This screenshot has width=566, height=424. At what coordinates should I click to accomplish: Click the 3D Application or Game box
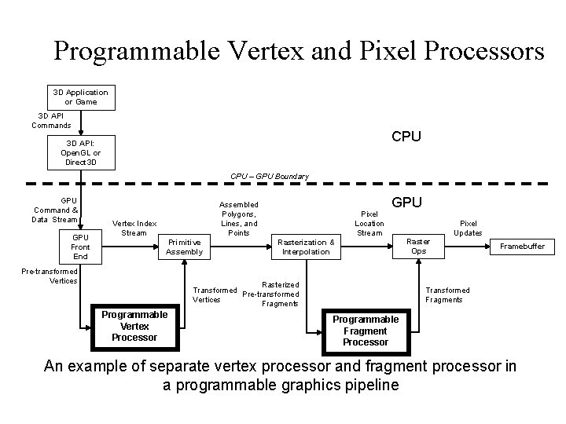point(80,97)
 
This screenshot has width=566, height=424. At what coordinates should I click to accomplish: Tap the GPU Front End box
point(80,247)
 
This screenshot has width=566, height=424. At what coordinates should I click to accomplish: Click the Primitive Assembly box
point(184,247)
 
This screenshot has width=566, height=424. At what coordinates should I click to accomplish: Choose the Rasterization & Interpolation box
point(305,247)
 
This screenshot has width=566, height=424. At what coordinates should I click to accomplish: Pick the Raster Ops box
point(418,247)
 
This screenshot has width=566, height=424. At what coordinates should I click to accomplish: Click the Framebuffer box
point(522,247)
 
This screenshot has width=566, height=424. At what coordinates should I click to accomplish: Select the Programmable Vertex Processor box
point(134,326)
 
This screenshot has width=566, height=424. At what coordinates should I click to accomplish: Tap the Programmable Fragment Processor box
point(366,331)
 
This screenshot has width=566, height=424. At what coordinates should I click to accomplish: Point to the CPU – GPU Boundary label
point(270,177)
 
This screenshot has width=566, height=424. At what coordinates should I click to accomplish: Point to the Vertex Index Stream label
point(134,228)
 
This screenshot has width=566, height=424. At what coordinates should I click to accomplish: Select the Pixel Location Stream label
point(369,223)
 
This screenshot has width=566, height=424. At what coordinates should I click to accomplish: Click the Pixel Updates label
point(468,228)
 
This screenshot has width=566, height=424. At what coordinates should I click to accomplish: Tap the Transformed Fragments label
point(447,294)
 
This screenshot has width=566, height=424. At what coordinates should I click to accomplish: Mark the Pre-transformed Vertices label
point(50,276)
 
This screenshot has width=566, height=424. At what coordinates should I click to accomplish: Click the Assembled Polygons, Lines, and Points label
point(237,218)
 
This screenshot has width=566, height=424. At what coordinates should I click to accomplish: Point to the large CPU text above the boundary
point(406,137)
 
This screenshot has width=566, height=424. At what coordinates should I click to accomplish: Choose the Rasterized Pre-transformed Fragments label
point(270,294)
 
